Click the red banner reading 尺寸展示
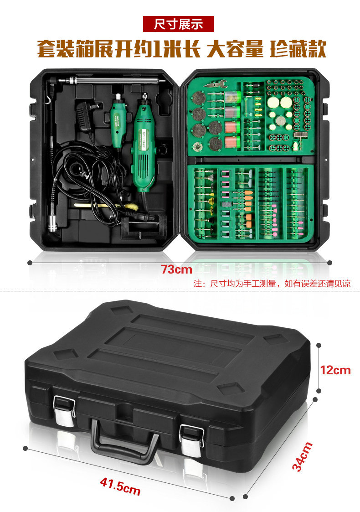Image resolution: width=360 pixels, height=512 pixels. tap(179, 23)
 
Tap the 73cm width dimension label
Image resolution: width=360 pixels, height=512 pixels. tap(177, 269)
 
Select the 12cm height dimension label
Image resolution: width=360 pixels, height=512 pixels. tap(335, 369)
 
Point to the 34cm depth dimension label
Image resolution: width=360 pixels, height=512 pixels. tap(302, 456)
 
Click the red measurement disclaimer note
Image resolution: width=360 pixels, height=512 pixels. tap(272, 283)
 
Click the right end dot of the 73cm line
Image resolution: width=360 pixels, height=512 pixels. tap(330, 263)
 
